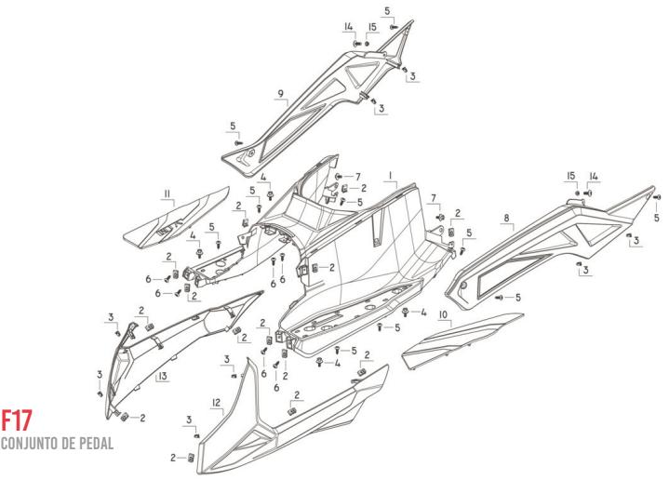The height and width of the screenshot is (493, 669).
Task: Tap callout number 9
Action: tap(280, 94)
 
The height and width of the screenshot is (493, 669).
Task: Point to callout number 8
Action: tap(507, 220)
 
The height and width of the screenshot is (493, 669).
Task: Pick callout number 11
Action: tap(167, 193)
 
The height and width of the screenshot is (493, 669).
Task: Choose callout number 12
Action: tap(216, 403)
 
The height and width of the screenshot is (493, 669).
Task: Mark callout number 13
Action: tap(162, 377)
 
